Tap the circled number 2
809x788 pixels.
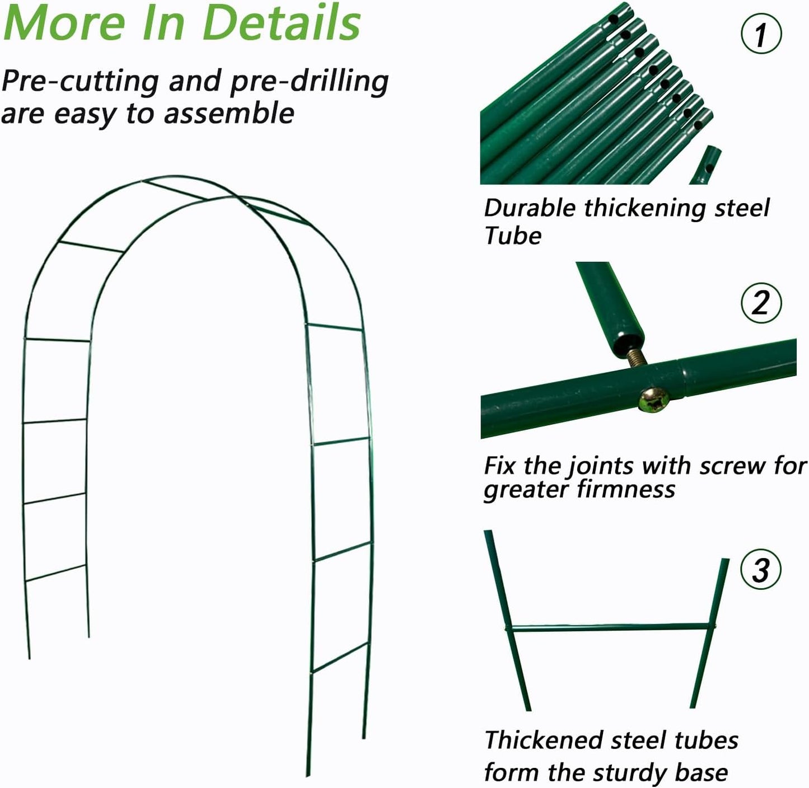(x=760, y=303)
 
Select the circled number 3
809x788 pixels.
(x=760, y=570)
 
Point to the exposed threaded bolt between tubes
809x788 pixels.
(x=638, y=358)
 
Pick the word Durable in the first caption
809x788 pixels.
(x=530, y=208)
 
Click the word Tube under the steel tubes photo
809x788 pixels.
(x=513, y=236)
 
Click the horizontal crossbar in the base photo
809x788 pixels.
(x=610, y=628)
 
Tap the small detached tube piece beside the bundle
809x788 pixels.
(x=704, y=165)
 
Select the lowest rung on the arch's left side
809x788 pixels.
(x=56, y=573)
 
